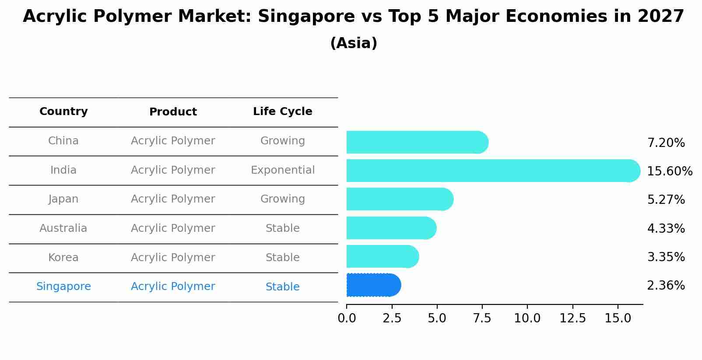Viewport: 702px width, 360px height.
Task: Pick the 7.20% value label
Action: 666,143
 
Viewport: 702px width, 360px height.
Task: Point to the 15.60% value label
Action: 669,171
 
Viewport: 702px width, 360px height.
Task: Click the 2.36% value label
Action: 666,286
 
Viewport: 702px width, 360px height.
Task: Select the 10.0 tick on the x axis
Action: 527,318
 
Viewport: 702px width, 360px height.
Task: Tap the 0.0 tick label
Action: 347,318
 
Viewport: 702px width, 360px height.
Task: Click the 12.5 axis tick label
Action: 572,318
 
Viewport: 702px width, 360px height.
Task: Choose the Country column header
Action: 63,112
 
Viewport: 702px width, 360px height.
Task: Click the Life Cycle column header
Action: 282,112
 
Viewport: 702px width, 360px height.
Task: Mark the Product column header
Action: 173,112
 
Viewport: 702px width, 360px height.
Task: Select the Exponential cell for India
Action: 282,170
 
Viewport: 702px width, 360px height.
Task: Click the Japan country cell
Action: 63,199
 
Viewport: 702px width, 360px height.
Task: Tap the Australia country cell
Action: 63,228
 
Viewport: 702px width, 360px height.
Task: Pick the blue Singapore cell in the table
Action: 63,287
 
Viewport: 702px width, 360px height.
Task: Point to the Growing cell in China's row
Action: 282,141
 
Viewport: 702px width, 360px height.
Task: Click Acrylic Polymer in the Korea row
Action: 173,258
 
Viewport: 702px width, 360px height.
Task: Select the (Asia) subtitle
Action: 353,43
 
